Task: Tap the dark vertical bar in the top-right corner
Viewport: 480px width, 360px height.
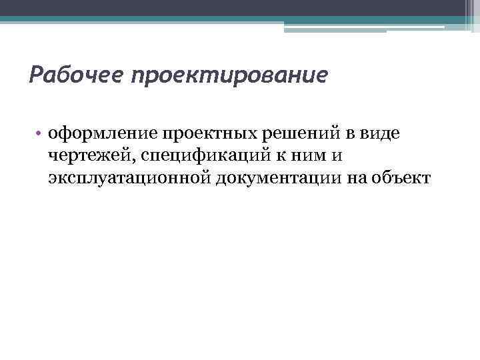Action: pos(471,15)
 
